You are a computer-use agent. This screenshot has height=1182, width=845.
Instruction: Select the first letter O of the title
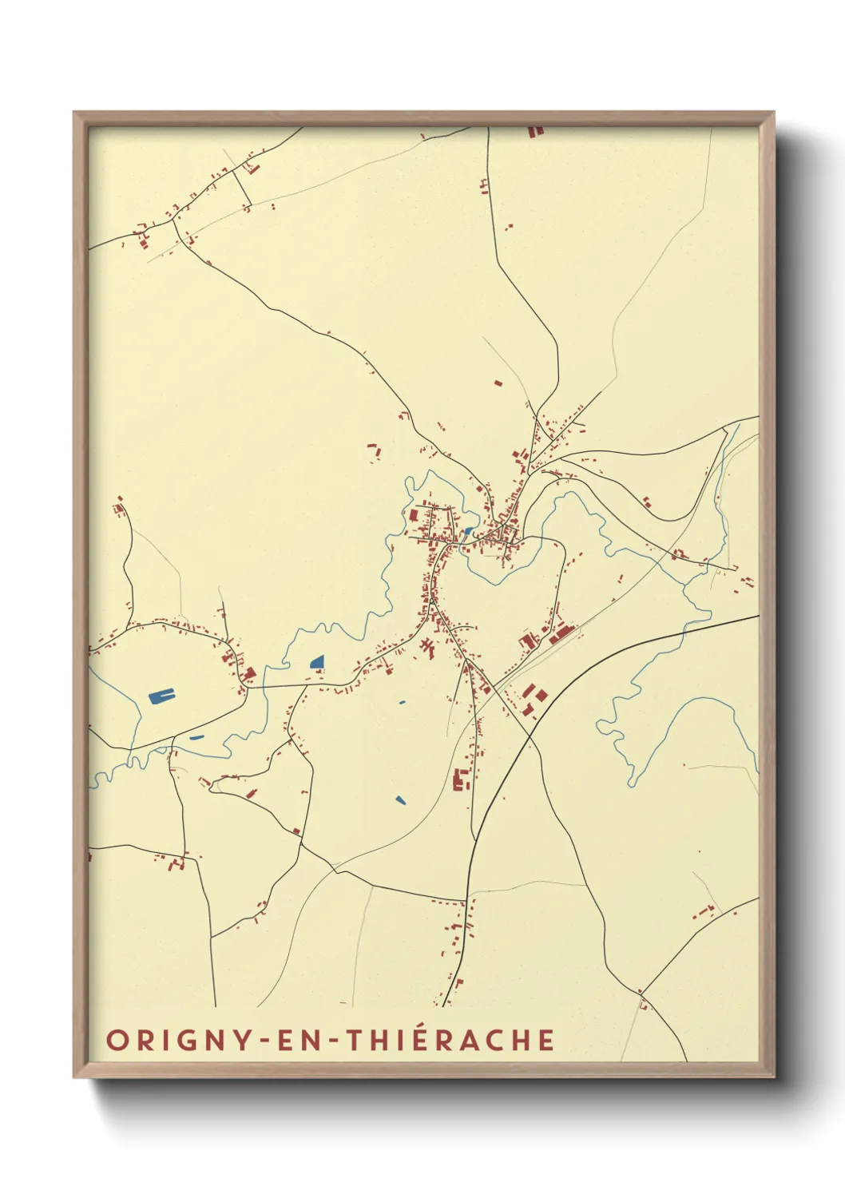(117, 1041)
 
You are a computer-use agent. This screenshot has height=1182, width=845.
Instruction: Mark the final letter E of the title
(546, 1041)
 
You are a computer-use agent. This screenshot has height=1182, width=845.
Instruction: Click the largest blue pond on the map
(161, 696)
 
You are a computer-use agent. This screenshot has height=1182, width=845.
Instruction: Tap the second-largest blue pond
(317, 662)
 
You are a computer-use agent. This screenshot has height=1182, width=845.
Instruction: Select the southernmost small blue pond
(399, 799)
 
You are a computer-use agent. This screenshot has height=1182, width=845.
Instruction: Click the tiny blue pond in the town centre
(467, 530)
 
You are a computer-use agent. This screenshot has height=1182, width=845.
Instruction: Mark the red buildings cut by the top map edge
(535, 129)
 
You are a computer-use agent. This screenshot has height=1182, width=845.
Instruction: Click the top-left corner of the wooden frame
(75, 113)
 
